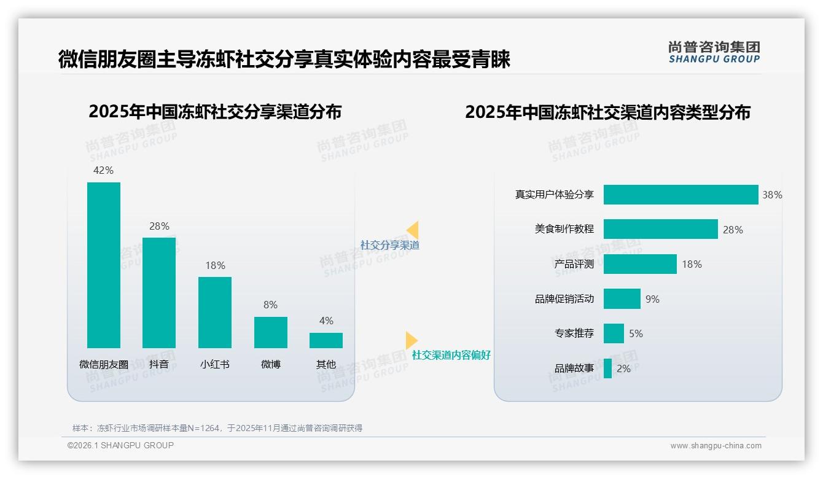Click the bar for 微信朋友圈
[x=104, y=265]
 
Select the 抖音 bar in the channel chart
[x=159, y=293]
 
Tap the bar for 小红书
[x=215, y=313]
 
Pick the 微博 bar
[x=271, y=332]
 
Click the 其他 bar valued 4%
[x=326, y=340]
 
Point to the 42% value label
[x=103, y=170]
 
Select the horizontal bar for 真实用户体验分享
[x=681, y=195]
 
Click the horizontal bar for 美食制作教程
[x=660, y=229]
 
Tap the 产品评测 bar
[x=640, y=264]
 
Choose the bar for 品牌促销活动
[x=622, y=299]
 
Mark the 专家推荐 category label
[x=574, y=333]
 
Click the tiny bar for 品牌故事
[x=607, y=368]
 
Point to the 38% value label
[x=772, y=195]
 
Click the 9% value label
[x=652, y=299]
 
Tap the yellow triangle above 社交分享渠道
[x=413, y=230]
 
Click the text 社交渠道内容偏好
[x=451, y=355]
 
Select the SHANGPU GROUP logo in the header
[x=714, y=52]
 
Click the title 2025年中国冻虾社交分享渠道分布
[x=215, y=112]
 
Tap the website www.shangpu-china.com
[x=716, y=446]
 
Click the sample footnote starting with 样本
[x=217, y=428]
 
